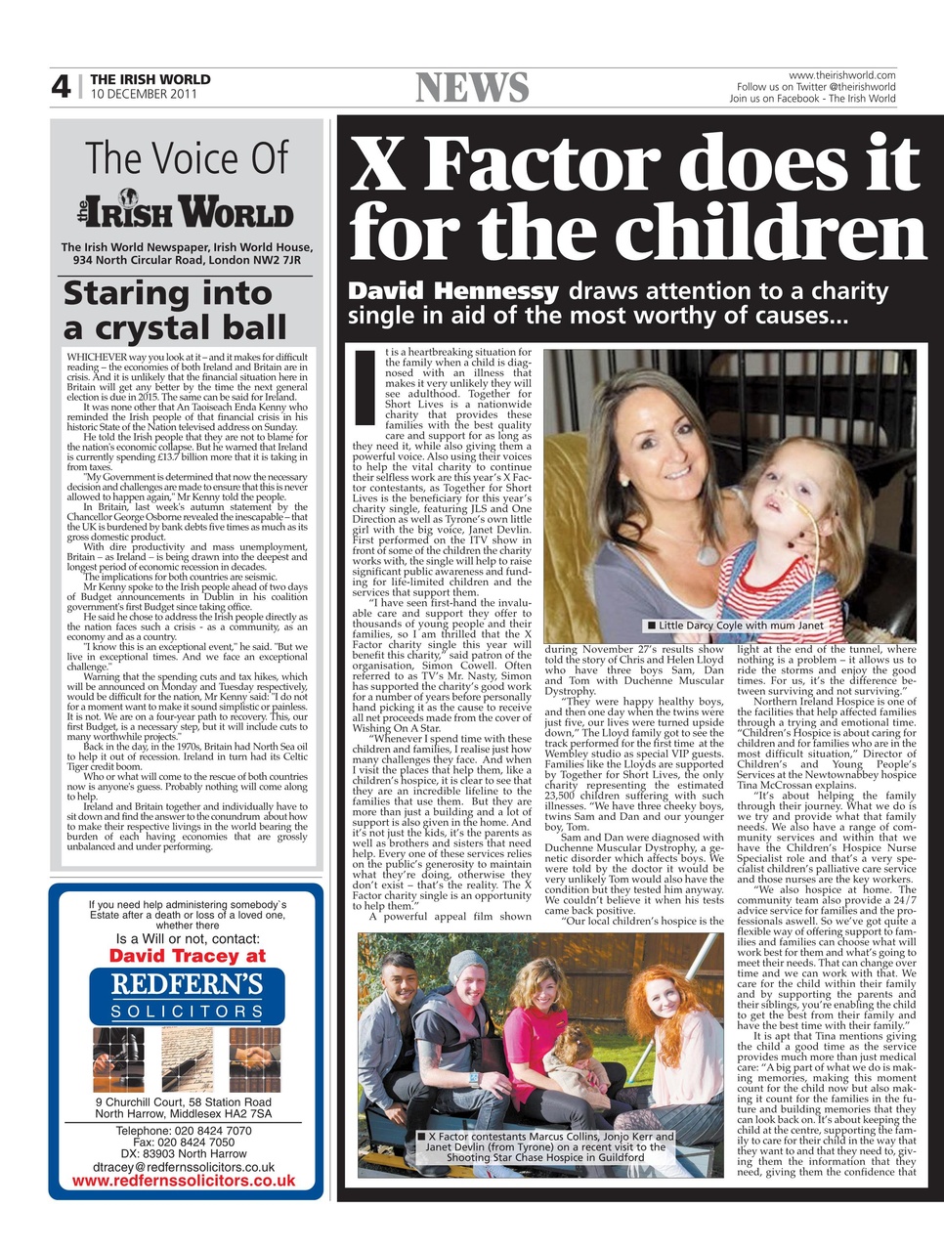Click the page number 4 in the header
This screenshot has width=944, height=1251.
[61, 87]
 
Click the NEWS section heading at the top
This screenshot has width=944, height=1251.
[472, 87]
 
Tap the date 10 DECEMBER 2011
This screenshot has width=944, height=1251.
[144, 95]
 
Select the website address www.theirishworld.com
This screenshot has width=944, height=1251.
[841, 75]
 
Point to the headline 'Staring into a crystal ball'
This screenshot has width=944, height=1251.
[176, 310]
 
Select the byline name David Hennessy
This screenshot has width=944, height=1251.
[453, 291]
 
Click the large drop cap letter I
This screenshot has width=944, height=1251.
[365, 386]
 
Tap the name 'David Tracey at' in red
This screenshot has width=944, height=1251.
[187, 955]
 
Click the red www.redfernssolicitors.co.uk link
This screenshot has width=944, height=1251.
[184, 1180]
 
